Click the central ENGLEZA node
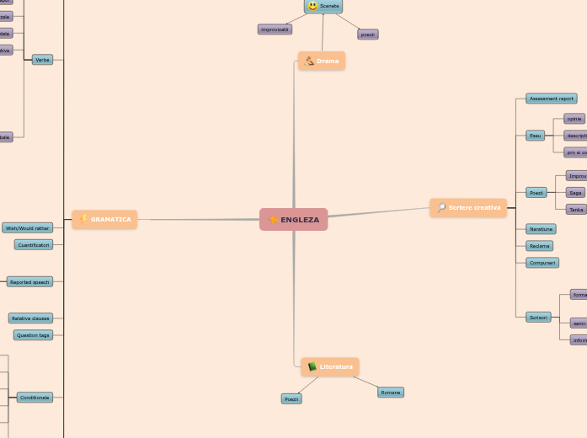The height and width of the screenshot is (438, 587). (x=294, y=220)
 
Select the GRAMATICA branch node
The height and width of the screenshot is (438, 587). (x=104, y=220)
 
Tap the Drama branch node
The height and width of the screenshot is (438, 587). (x=322, y=61)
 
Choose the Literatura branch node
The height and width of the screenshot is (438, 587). (x=330, y=366)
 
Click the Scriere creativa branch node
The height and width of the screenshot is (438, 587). (x=468, y=208)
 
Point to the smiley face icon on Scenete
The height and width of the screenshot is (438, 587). (x=312, y=6)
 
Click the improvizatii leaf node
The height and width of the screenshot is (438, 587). (x=275, y=29)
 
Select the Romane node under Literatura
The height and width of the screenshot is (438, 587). (x=390, y=393)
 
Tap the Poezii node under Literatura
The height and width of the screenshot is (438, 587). (x=291, y=399)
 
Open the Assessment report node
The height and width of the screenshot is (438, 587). (x=552, y=99)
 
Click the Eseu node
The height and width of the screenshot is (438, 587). (x=536, y=136)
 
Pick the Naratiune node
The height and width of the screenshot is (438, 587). (x=541, y=229)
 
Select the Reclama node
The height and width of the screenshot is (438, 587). (x=539, y=246)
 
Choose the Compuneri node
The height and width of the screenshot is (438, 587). (x=542, y=263)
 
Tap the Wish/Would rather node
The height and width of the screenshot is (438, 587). (x=27, y=228)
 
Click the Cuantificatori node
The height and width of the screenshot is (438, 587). (x=34, y=245)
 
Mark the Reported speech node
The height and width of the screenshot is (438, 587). (x=29, y=282)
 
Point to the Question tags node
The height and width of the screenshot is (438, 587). (x=33, y=335)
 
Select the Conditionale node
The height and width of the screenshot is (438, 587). (x=35, y=398)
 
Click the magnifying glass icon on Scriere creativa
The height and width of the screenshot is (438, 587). (x=441, y=208)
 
